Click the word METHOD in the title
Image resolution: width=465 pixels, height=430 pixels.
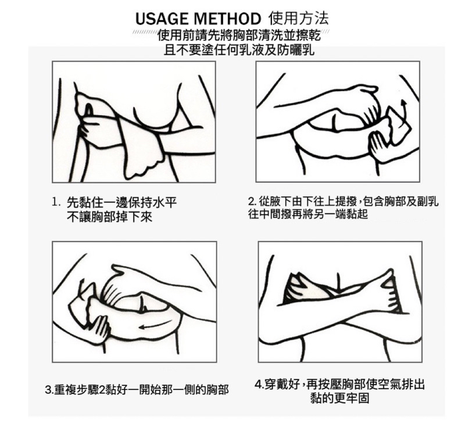pos(227,19)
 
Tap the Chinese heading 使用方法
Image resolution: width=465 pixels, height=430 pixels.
pos(298,19)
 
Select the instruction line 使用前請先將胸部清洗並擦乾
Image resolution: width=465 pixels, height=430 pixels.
pos(239,35)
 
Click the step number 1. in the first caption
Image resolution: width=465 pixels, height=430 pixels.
pos(56,202)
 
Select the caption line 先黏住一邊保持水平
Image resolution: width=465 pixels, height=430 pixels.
pos(122,202)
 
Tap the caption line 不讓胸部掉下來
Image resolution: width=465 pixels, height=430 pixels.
pos(109,218)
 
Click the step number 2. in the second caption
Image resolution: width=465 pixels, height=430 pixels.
pos(252,202)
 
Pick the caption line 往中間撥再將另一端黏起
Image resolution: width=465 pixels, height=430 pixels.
pos(308,214)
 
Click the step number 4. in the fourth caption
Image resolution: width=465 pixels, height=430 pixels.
pos(259,384)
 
